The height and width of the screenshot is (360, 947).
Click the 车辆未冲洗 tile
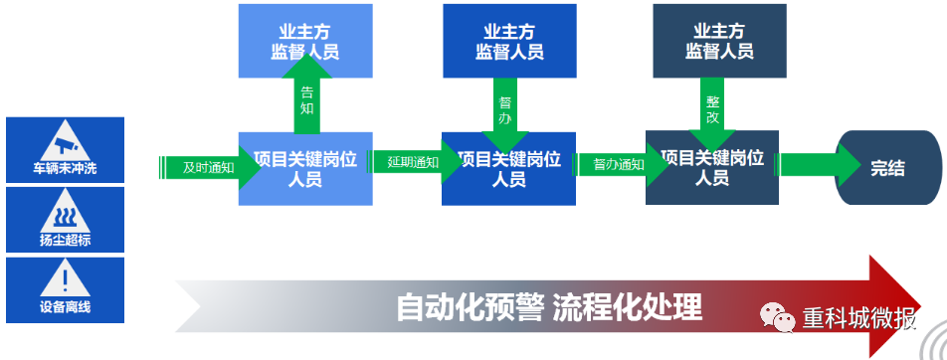coord(65,150)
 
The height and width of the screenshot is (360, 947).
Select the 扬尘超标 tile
coord(65,220)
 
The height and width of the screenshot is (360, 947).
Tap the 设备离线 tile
coord(65,289)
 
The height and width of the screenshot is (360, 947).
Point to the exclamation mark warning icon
coord(65,277)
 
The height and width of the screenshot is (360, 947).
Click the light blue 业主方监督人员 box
coord(305,41)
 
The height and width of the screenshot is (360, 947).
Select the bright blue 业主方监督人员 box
coord(509,41)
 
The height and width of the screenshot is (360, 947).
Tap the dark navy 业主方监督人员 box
coord(719,41)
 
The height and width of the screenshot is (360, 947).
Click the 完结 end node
coord(888,168)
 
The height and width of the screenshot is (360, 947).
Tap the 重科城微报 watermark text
coord(859,317)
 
